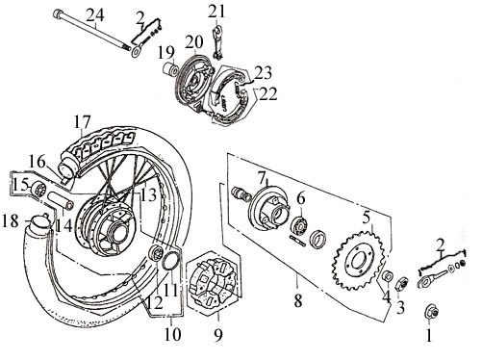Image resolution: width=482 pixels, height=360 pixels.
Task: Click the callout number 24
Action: coord(95,15)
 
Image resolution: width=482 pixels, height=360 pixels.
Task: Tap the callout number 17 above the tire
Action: coord(83,121)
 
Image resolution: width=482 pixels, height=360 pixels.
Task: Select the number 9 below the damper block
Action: coord(218,335)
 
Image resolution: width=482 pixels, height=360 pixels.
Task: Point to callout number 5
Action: coord(367,218)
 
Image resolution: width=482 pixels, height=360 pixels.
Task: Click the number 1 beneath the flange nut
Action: coord(429,336)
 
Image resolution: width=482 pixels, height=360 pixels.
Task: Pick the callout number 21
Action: coord(216,12)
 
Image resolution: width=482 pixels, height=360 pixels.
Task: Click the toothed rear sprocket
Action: coord(358,260)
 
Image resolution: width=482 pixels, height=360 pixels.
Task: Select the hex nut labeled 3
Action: coord(401,284)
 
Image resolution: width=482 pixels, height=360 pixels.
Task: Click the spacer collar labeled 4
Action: coord(387,276)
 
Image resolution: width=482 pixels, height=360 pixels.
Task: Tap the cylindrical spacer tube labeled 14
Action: coord(61,200)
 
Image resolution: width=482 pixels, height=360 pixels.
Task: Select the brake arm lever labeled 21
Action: coord(217,42)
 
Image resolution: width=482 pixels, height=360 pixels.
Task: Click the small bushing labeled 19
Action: coord(170,69)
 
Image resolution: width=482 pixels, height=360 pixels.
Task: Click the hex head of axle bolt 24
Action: coord(57,13)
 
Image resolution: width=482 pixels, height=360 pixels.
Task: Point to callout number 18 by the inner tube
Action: coord(10,221)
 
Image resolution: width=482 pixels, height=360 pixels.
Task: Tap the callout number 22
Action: coord(268,94)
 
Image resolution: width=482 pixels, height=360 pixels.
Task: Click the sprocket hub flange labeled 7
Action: coord(268,207)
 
